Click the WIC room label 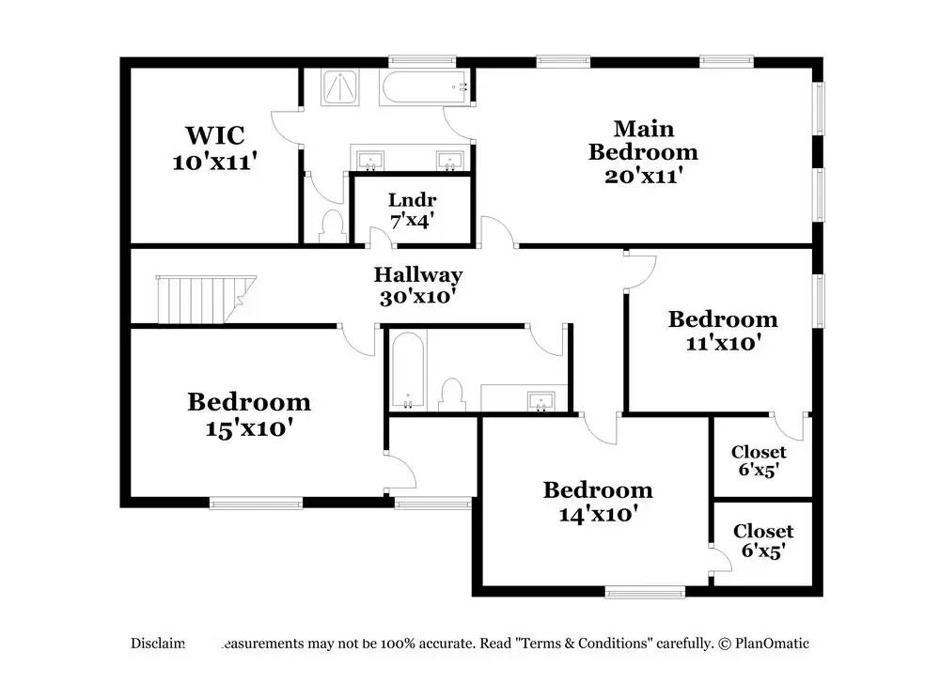click(215, 136)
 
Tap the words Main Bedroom click(644, 140)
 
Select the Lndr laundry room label click(412, 200)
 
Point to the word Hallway click(418, 275)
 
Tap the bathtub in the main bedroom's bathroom click(426, 89)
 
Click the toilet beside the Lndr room click(331, 225)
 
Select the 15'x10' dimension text click(249, 427)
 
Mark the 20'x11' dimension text click(643, 175)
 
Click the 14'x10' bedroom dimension click(598, 514)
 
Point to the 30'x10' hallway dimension click(417, 297)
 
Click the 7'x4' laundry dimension click(412, 222)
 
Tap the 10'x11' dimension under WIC click(215, 162)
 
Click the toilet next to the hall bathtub click(453, 393)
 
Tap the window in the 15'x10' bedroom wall click(255, 503)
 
